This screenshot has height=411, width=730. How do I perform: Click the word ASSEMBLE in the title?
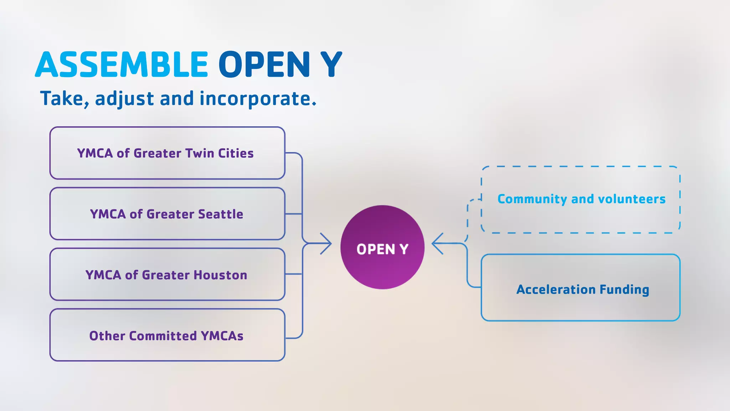(122, 65)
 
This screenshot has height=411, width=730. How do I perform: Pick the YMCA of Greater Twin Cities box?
(167, 153)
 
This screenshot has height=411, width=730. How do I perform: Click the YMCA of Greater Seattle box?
(167, 214)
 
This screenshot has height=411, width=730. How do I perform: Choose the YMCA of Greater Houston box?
(167, 274)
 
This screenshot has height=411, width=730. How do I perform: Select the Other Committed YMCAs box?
(167, 335)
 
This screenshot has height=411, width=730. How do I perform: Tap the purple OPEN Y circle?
(382, 247)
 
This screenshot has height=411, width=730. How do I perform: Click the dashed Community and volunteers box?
(581, 199)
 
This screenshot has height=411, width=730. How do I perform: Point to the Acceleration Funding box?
(581, 288)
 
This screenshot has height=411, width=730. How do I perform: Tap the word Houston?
(220, 275)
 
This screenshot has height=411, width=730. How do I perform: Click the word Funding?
(624, 290)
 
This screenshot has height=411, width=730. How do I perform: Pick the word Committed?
(163, 336)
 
